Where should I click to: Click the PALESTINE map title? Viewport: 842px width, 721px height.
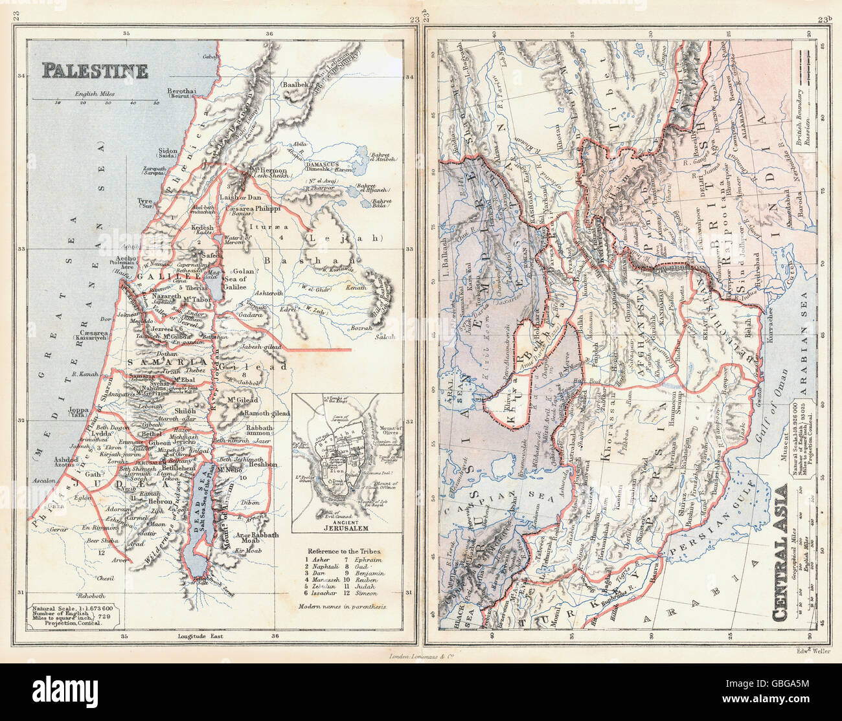95,70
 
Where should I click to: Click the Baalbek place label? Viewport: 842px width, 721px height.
295,85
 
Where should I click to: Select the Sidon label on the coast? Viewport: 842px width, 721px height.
167,152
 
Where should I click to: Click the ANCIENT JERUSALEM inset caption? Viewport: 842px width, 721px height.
346,525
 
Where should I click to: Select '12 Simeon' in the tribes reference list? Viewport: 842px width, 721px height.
367,592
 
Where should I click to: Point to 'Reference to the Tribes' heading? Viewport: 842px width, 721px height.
345,549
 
